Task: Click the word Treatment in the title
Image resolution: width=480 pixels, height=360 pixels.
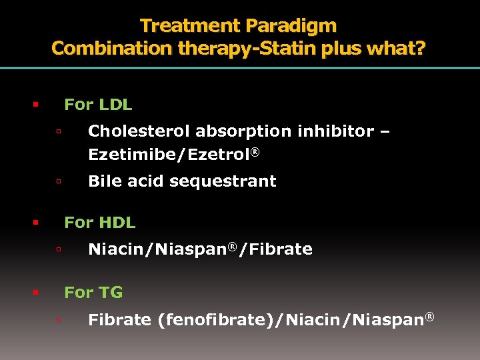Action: coord(191,26)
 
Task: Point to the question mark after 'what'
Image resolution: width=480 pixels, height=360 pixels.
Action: coord(420,49)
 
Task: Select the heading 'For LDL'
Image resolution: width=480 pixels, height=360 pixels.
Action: coord(98,105)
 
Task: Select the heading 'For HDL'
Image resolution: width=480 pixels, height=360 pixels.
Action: coord(99,223)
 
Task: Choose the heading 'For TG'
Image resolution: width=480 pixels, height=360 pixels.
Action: coord(93,292)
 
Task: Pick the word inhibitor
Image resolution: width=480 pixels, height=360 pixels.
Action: coord(336,131)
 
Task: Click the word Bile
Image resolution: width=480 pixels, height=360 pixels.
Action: coord(103,181)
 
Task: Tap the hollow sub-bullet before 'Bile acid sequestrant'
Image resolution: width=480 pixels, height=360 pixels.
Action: coord(59,181)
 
